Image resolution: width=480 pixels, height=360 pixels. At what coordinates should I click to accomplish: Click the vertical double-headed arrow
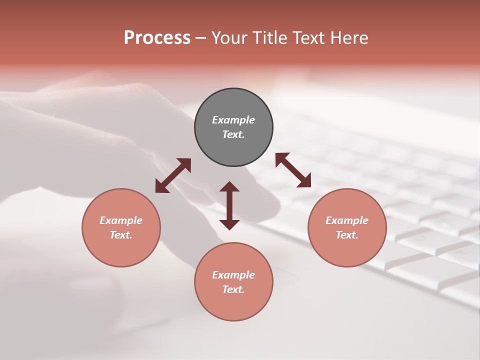click(229, 205)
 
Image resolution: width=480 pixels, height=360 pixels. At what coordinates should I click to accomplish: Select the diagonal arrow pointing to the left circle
click(173, 175)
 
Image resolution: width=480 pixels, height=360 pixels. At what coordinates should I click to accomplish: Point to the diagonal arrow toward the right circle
click(293, 170)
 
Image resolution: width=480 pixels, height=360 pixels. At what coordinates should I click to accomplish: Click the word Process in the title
click(157, 38)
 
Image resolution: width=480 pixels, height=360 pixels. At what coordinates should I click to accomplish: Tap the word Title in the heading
click(269, 38)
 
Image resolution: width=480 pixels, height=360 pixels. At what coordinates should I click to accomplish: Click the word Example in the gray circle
click(233, 120)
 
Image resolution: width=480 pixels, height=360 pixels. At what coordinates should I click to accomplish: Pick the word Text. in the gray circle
click(233, 134)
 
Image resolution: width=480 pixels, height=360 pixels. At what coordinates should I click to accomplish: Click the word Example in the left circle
click(121, 220)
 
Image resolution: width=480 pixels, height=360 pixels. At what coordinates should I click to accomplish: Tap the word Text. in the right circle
click(347, 235)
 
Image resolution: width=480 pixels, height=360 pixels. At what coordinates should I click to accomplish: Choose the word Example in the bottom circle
click(233, 275)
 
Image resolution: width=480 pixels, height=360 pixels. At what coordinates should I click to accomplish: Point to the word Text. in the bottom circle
click(233, 289)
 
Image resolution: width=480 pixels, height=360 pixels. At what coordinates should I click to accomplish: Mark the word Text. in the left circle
click(121, 235)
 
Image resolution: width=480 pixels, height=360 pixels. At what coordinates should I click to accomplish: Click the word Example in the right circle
click(347, 220)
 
